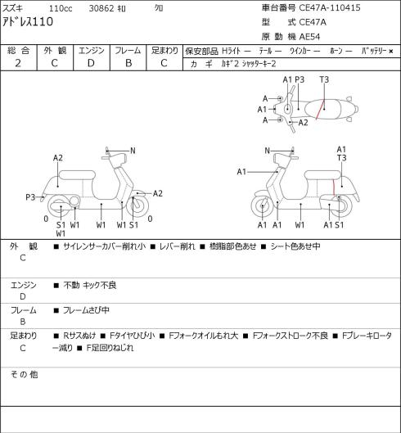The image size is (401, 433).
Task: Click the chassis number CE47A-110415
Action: (330, 7)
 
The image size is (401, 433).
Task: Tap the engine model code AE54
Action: (309, 37)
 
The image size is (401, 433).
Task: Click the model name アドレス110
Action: (28, 21)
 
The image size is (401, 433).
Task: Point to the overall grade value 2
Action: (18, 63)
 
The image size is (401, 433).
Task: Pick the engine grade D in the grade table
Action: (91, 63)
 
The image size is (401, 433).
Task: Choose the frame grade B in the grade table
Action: (128, 63)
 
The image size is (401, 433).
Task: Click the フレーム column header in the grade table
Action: (128, 51)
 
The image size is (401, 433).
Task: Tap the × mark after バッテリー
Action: (391, 51)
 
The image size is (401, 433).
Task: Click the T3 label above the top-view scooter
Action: (324, 79)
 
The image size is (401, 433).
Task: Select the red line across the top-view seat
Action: (320, 110)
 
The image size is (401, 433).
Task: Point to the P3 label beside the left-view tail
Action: (30, 197)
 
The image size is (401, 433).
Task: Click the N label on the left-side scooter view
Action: (133, 151)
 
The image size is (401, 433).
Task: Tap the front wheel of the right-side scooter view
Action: (262, 206)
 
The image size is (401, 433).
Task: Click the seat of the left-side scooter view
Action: (77, 175)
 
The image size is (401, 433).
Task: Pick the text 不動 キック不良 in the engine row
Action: (90, 285)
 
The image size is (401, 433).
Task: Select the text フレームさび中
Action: (86, 310)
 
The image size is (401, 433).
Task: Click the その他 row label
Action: (24, 374)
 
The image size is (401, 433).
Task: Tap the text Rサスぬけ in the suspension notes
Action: (79, 336)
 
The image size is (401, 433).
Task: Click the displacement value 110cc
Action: (61, 8)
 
